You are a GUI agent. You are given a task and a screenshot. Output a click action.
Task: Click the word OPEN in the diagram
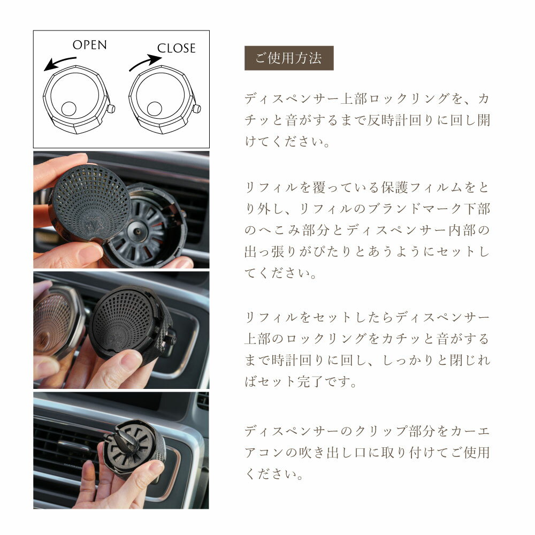click(x=89, y=44)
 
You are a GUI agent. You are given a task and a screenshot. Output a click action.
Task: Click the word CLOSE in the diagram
click(x=176, y=48)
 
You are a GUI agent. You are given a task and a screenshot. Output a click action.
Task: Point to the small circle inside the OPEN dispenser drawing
click(x=69, y=109)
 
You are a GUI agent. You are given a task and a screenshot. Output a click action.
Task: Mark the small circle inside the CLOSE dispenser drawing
click(x=155, y=109)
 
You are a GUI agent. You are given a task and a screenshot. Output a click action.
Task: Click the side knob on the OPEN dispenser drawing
click(x=112, y=109)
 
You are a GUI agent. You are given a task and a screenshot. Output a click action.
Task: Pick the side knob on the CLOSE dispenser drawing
click(x=197, y=109)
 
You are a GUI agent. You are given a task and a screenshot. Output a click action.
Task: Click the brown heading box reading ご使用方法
click(x=288, y=58)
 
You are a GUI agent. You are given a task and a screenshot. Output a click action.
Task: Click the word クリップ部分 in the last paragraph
click(x=408, y=431)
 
